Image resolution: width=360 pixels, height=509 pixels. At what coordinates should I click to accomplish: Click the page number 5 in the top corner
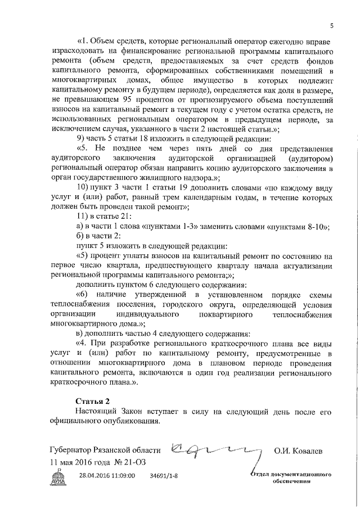click(x=332, y=25)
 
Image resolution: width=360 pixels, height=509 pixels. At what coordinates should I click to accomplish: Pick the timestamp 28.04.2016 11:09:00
click(x=107, y=476)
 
